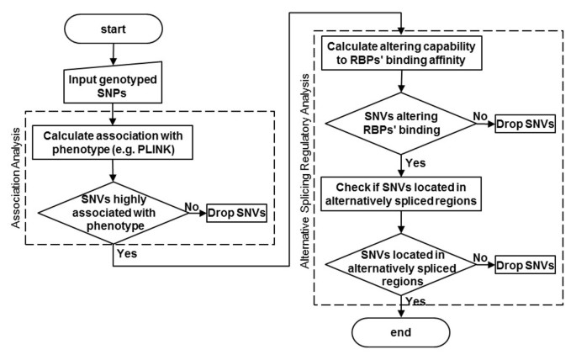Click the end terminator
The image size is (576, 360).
(401, 332)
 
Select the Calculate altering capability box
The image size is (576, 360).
(402, 52)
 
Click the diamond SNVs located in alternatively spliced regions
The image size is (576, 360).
(402, 265)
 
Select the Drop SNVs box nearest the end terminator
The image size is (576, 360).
(526, 265)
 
